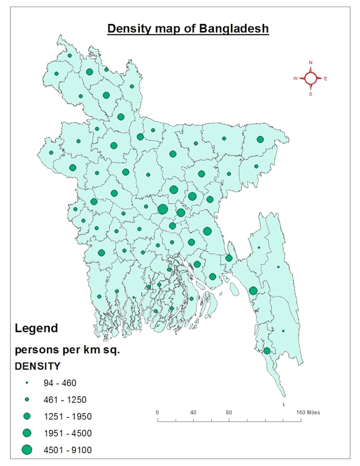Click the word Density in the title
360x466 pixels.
click(129, 29)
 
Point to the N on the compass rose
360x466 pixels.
click(311, 62)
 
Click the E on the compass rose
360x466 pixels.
click(326, 79)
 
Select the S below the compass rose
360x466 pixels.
click(311, 94)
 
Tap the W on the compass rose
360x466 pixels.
click(295, 78)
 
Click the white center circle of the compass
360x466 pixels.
click(311, 78)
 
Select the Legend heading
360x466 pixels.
click(37, 328)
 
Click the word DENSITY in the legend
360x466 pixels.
click(38, 366)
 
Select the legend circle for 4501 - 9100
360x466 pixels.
click(27, 450)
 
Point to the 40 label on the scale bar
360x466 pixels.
click(193, 413)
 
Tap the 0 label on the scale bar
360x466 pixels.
click(157, 413)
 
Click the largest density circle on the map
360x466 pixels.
click(163, 209)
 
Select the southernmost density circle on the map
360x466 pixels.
click(267, 351)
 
